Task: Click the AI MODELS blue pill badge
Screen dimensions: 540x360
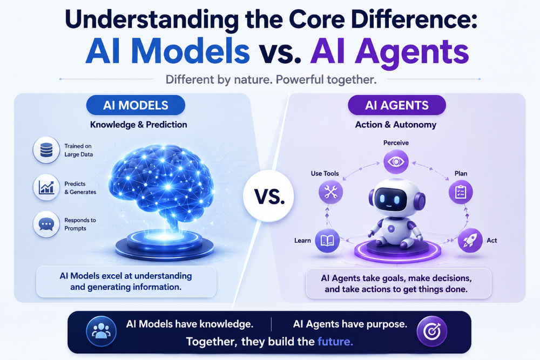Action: pos(136,105)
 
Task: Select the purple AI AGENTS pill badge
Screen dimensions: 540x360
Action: pos(397,105)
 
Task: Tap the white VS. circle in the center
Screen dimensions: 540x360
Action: pos(268,195)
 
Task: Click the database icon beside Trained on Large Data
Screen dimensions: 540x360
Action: pos(46,150)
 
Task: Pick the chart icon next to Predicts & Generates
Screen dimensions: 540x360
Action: pos(46,188)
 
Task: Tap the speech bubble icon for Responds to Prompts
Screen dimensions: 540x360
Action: pos(46,225)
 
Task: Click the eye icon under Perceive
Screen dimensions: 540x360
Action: pos(396,161)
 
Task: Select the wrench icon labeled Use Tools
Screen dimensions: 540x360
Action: pos(330,192)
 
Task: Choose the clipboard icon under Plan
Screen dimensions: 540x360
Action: pos(461,192)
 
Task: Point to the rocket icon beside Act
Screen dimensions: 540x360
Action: pos(470,240)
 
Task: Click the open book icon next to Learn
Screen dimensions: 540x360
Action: pos(327,240)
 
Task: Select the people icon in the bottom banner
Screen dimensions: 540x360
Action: pos(102,331)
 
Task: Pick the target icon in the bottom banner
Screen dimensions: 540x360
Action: pos(432,331)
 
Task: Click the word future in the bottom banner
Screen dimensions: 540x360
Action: pos(335,342)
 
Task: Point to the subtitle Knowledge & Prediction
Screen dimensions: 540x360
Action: pos(138,125)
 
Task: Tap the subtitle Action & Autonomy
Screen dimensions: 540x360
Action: pos(396,125)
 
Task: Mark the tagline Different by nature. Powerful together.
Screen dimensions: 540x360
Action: pos(271,80)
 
